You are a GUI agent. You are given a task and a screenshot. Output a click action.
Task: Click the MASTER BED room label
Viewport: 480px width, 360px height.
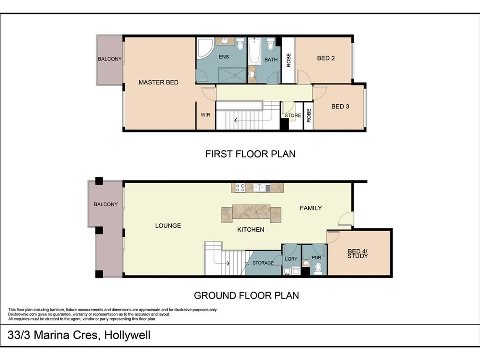click(158, 82)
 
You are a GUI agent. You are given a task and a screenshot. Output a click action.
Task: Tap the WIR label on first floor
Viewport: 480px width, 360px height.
click(205, 115)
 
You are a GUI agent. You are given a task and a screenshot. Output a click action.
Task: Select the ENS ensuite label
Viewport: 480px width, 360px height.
click(224, 57)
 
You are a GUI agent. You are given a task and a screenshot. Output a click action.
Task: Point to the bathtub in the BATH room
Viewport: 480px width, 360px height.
click(255, 51)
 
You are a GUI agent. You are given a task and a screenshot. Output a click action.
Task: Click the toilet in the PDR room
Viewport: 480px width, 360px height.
click(318, 269)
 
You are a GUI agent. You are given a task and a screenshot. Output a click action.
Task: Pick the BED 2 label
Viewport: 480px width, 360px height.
click(326, 58)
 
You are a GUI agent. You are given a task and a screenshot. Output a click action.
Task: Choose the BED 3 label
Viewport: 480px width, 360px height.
click(340, 106)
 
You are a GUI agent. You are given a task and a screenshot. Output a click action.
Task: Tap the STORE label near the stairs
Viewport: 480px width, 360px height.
click(293, 116)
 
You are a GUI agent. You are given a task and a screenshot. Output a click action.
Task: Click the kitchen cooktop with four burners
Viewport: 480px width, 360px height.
click(240, 188)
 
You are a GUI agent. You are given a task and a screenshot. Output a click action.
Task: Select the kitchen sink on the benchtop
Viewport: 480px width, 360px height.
click(262, 188)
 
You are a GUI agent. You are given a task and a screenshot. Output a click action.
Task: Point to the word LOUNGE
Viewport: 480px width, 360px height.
click(168, 226)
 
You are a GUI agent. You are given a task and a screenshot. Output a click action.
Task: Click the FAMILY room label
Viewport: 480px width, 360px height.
click(311, 208)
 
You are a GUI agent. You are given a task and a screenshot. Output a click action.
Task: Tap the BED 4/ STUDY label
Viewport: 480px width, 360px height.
click(358, 254)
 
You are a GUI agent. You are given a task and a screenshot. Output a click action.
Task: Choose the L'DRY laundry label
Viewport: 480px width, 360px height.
click(291, 259)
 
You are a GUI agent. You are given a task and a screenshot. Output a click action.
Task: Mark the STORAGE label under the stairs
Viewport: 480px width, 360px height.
click(263, 263)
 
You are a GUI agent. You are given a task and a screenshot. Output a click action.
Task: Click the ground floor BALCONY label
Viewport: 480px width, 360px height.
click(106, 204)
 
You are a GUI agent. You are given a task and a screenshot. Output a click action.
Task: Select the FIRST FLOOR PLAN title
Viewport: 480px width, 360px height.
click(250, 154)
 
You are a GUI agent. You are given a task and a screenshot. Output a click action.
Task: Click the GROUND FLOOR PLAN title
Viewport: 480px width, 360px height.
click(246, 296)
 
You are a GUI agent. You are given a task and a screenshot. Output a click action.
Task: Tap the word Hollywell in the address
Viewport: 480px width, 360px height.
click(127, 335)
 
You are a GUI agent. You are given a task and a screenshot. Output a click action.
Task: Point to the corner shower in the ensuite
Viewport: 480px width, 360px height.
click(205, 48)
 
